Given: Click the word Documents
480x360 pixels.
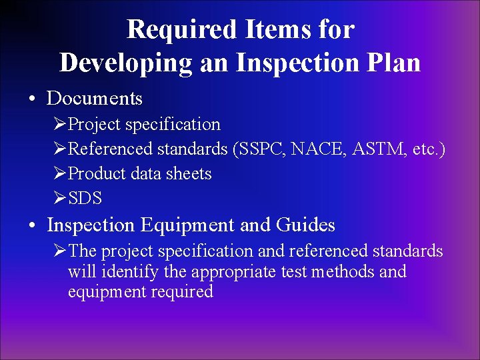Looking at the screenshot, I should point(95,99).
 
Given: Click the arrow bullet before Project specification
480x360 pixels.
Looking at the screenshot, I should point(60,125).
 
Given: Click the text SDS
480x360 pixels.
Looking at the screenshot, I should point(85,199).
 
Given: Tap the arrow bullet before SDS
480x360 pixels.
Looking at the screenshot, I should point(60,199).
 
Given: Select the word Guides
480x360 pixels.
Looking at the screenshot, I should point(305,226).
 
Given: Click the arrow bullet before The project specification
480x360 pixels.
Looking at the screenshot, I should point(60,251).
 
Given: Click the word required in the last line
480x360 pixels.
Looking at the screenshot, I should point(185,292).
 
